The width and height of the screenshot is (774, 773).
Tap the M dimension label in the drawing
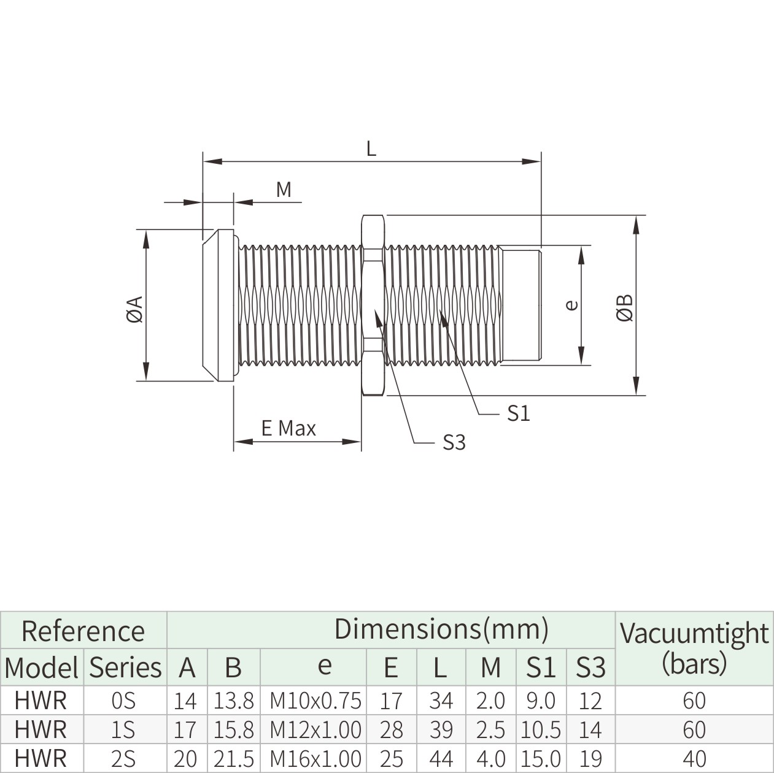284,190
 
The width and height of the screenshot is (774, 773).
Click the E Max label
288,428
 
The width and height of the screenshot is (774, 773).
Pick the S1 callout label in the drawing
518,414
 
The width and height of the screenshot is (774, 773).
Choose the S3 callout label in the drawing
454,442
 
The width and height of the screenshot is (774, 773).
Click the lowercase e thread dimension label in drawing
571,304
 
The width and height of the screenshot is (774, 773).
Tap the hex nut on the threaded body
373,305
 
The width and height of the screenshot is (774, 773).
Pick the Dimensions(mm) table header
441,629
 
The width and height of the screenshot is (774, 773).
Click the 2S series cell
125,759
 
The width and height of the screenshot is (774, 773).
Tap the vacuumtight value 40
694,759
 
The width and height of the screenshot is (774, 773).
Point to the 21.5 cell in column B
233,759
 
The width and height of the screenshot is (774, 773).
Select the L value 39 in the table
440,729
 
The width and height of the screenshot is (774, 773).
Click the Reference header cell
83,631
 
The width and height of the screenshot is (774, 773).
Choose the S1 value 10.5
540,729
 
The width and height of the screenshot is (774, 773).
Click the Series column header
125,667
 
